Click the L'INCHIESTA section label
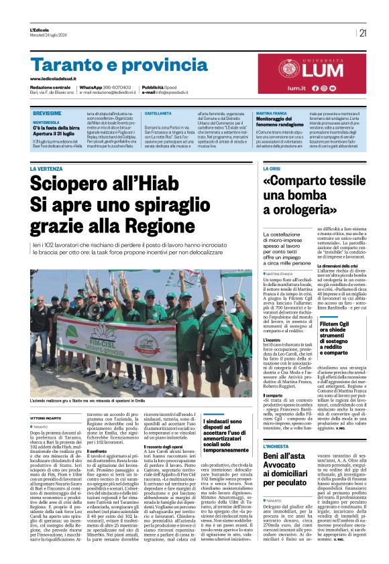pos(276,446)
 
